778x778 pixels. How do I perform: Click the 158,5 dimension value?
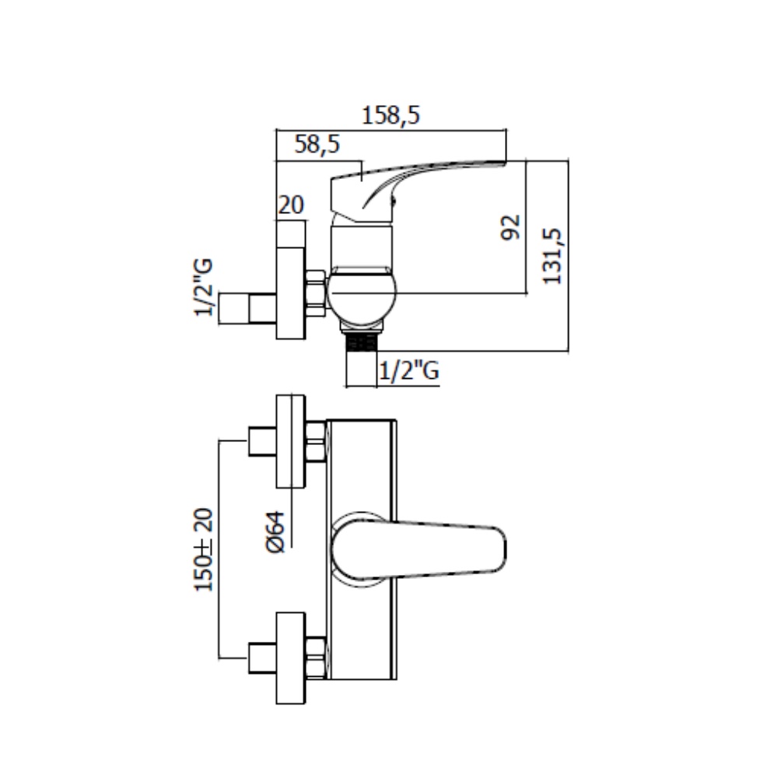coord(391,116)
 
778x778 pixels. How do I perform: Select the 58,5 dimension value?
coord(317,144)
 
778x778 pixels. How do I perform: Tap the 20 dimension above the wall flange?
coord(290,205)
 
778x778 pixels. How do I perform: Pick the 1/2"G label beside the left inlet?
coord(204,288)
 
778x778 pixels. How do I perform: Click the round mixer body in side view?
coord(360,296)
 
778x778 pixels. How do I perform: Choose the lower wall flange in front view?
coord(291,658)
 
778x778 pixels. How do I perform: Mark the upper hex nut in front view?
coord(316,441)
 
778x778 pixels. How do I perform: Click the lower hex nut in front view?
coord(316,657)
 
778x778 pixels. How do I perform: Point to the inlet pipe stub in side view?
coord(247,308)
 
